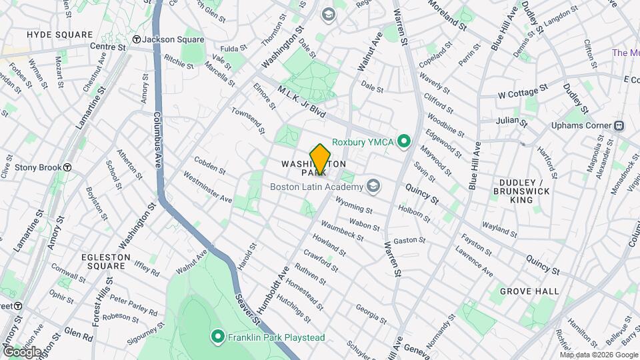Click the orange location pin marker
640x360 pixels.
(x=320, y=159)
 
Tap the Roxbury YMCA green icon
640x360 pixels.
(x=403, y=141)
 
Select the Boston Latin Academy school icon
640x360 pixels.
(x=373, y=186)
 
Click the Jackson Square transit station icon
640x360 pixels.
(x=136, y=39)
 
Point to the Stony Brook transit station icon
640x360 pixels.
(x=67, y=167)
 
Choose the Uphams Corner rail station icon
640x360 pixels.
(x=619, y=125)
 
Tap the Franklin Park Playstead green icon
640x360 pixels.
(x=217, y=337)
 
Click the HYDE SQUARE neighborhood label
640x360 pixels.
(x=59, y=34)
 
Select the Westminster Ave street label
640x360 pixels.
(x=207, y=189)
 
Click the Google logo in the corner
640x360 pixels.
(x=22, y=351)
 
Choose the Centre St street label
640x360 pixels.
(x=108, y=47)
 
